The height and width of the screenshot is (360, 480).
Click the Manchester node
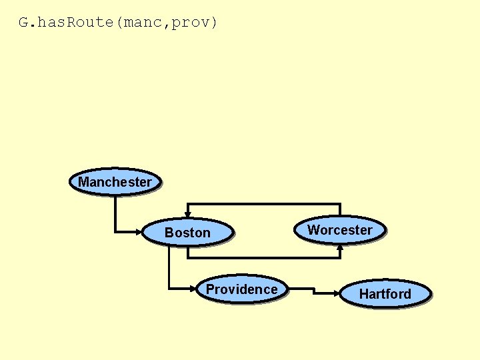pos(115,181)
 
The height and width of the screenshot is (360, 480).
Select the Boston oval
pos(187,232)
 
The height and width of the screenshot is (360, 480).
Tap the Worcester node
pos(340,229)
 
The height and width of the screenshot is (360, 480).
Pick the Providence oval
pos(241,289)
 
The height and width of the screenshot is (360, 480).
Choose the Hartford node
pos(385,293)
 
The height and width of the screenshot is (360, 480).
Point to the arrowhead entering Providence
pos(195,289)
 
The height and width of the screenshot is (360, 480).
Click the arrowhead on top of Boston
pos(188,214)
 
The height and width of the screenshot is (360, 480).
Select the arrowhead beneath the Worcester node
pos(340,247)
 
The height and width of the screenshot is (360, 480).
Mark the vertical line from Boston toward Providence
pos(169,267)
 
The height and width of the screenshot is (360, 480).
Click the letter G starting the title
pos(23,22)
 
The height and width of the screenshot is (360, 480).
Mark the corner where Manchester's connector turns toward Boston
pos(115,232)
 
